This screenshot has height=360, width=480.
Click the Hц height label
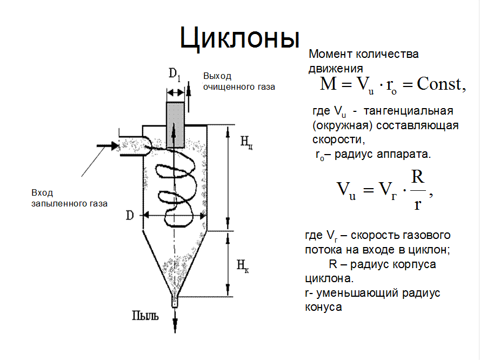pyautogui.click(x=245, y=142)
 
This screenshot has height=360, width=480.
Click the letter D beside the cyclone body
pyautogui.click(x=130, y=216)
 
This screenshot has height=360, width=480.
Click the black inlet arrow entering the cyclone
pyautogui.click(x=107, y=145)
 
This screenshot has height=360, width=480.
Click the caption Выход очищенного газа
pyautogui.click(x=238, y=81)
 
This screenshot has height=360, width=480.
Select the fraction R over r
pyautogui.click(x=417, y=190)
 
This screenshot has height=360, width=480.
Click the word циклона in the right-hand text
pyautogui.click(x=326, y=279)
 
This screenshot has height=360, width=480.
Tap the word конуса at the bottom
pyautogui.click(x=320, y=306)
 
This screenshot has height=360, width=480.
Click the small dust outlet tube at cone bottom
pyautogui.click(x=175, y=302)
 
